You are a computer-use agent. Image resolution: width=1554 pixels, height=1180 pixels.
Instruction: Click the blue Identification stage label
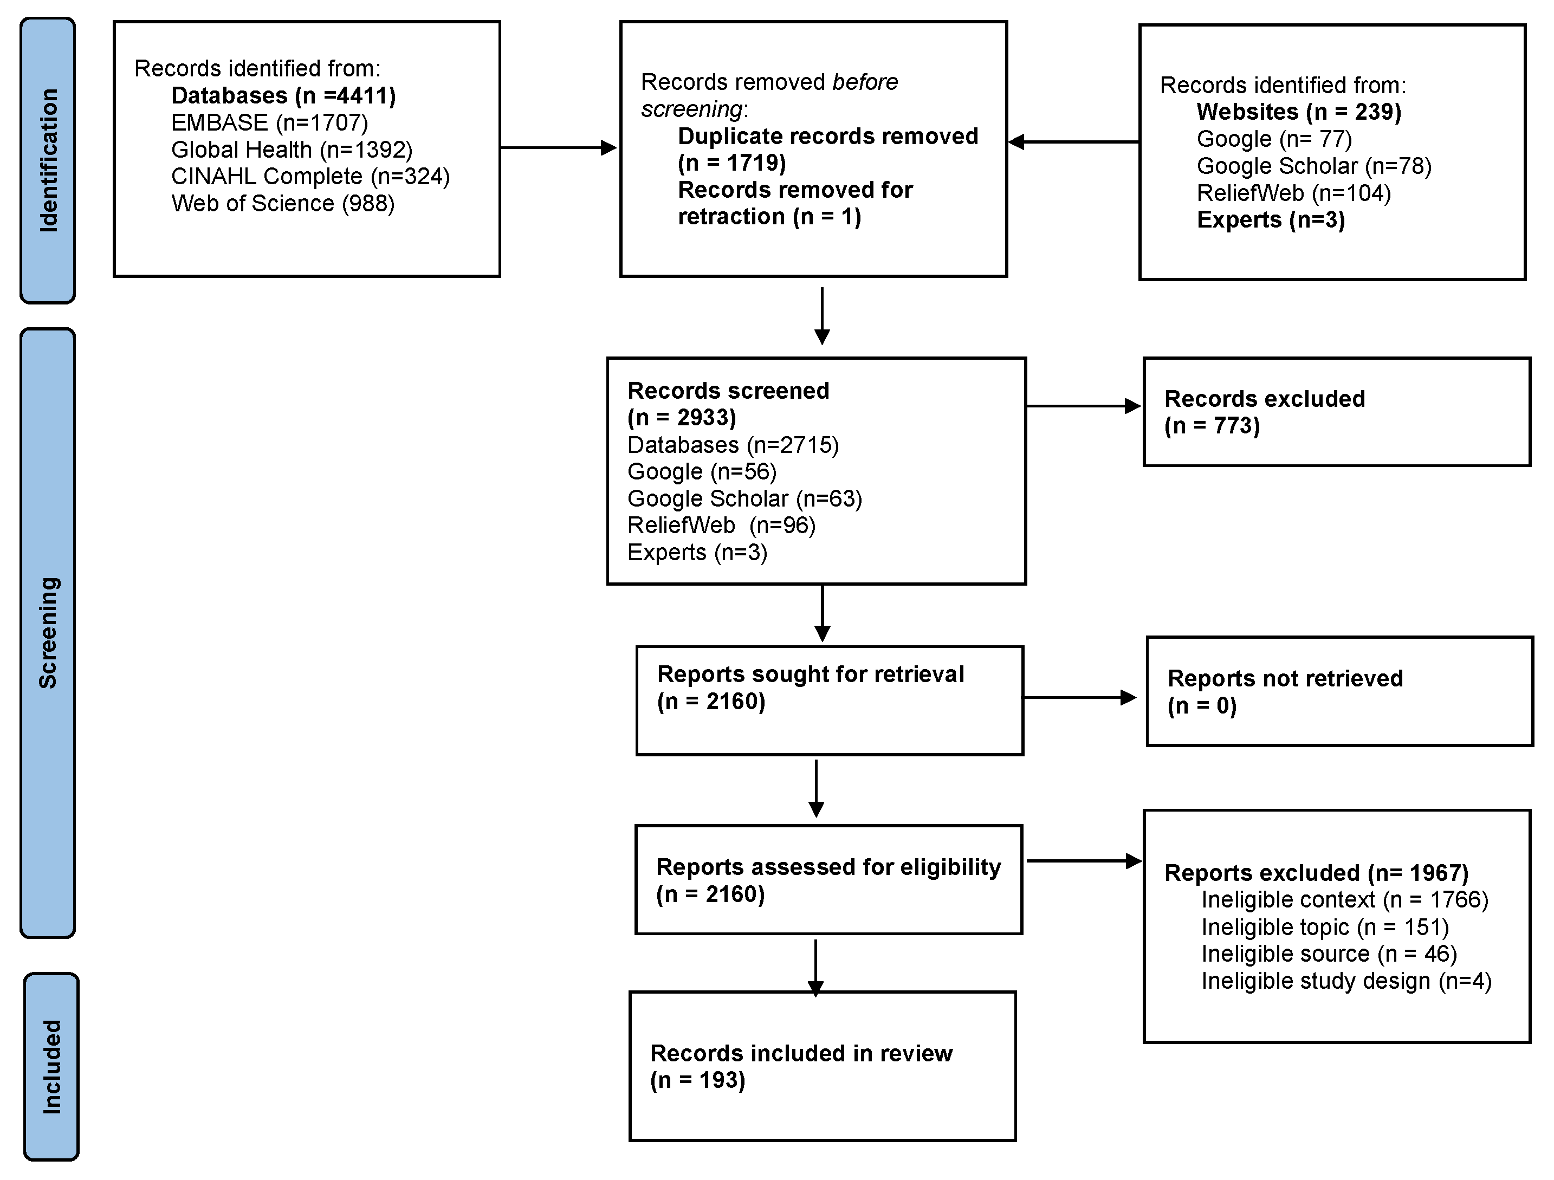[48, 160]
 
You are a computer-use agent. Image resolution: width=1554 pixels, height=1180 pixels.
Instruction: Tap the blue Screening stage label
[48, 632]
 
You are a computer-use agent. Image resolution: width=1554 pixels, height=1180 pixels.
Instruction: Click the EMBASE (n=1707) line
[269, 122]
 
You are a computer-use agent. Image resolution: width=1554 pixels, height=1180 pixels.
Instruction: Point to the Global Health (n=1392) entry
[292, 150]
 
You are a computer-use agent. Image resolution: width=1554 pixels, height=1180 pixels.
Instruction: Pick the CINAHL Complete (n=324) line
[310, 176]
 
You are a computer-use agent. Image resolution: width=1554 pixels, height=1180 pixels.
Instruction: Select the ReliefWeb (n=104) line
[1293, 193]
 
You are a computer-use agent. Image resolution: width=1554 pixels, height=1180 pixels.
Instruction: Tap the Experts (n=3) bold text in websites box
[1270, 220]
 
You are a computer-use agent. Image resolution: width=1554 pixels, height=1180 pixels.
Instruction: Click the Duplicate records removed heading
[827, 137]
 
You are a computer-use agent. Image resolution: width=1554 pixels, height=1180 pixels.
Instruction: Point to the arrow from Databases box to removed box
[559, 147]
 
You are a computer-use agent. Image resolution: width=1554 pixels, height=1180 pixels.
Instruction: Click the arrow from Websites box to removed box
[1073, 142]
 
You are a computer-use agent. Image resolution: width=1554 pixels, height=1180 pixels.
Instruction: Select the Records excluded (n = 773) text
[1264, 412]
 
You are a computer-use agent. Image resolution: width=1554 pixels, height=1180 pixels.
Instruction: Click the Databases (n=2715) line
[733, 445]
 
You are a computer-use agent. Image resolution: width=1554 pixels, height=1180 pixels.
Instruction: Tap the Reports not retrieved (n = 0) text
[1284, 691]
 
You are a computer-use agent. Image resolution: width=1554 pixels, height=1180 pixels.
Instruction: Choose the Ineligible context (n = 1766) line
[1344, 900]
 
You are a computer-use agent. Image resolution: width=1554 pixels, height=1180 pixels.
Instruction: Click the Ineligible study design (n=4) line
[1345, 981]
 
